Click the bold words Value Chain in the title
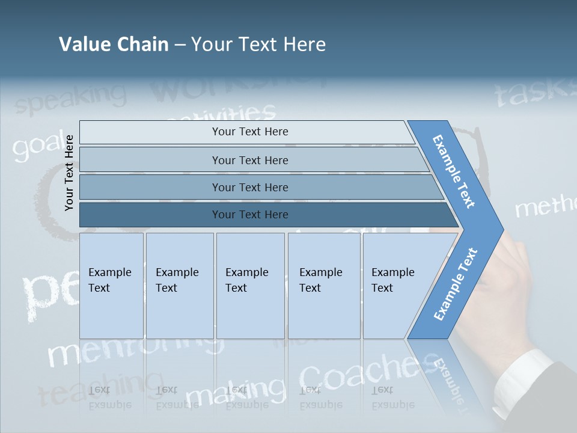coord(114,45)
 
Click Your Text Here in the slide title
coord(258,45)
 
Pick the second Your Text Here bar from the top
coord(250,160)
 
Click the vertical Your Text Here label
coord(69,173)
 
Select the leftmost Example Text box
coord(111,286)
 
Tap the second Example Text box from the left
coord(179,286)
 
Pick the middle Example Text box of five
coord(250,286)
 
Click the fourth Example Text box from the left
coord(323,286)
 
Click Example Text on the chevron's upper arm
coord(454,171)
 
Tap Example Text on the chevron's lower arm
coord(456,284)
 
